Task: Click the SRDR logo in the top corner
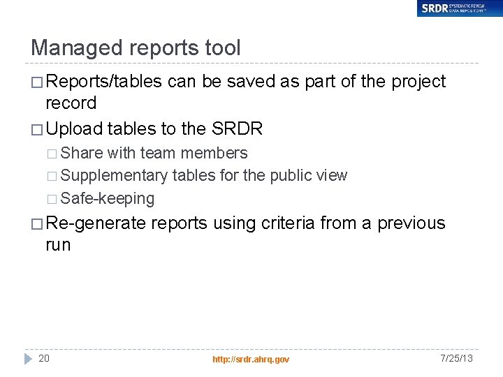point(459,8)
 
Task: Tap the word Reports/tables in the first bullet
point(104,82)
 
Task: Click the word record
point(71,103)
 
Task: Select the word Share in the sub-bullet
point(82,154)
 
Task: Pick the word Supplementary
point(115,176)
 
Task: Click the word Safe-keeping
point(108,198)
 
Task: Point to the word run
point(58,246)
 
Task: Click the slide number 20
point(44,358)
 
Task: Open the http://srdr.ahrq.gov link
point(251,359)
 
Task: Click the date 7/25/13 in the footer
point(457,358)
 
